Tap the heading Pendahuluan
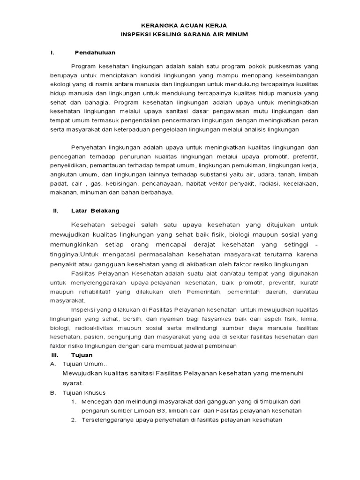tap(95, 52)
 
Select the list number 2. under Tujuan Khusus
tap(74, 420)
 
